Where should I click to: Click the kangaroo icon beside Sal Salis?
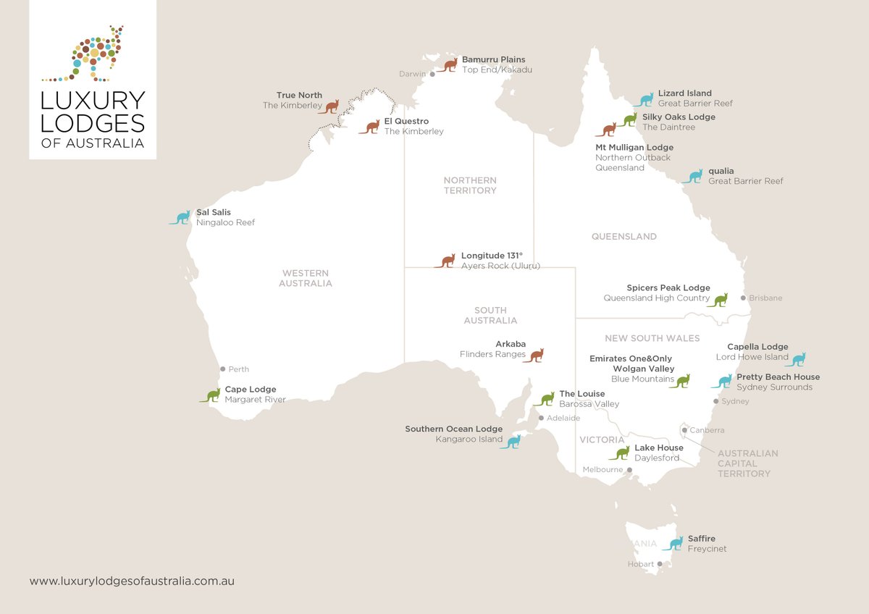(x=180, y=217)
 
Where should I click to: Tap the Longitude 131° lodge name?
(x=492, y=256)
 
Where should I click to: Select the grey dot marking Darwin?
(x=432, y=74)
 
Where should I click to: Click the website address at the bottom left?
(x=132, y=581)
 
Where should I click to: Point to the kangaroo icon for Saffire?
(x=673, y=543)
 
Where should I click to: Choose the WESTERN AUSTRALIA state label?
(x=305, y=278)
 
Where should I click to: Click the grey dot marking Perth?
(x=223, y=369)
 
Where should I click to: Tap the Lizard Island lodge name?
(x=684, y=93)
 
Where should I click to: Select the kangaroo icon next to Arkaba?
(x=534, y=356)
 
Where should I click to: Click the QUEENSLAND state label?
(x=624, y=237)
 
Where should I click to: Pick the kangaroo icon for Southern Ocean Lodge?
(x=511, y=442)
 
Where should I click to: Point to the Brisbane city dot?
(x=743, y=298)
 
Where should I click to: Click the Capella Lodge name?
(x=757, y=347)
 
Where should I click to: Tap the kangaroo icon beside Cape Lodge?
(x=210, y=395)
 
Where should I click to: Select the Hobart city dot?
(x=660, y=564)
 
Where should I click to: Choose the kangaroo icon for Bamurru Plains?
(x=448, y=65)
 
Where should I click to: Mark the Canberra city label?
(x=707, y=430)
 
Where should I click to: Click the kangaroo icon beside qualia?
(x=693, y=176)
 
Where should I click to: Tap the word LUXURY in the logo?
(x=93, y=100)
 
